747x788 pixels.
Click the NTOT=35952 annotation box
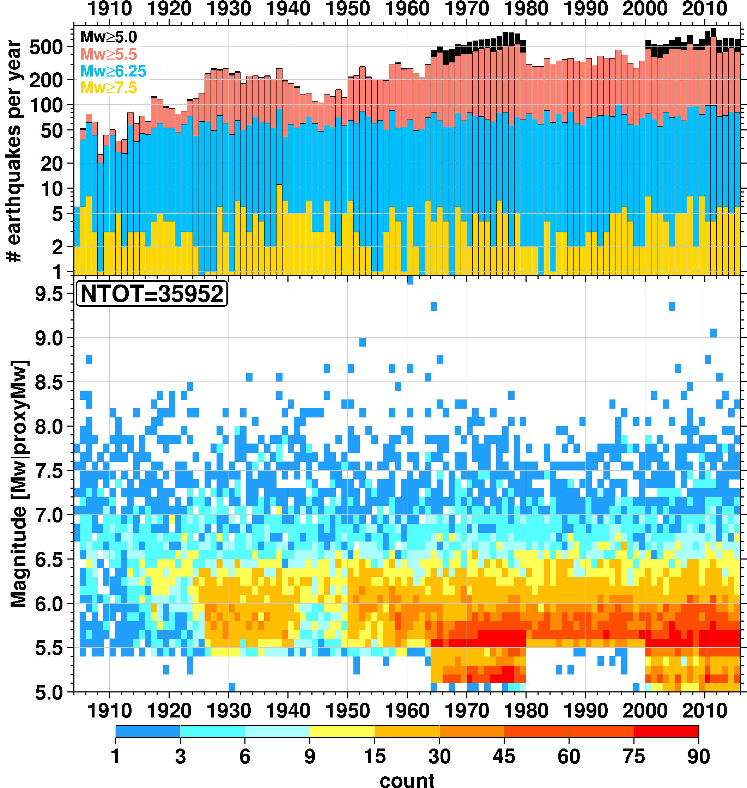(x=152, y=294)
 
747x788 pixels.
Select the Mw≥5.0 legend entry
(x=108, y=37)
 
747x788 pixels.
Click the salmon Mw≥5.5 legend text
(x=108, y=54)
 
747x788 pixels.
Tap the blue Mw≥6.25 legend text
(x=113, y=71)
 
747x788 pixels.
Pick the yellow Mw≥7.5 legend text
(x=108, y=87)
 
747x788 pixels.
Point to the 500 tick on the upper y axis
(x=51, y=48)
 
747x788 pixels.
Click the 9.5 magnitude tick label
(x=49, y=295)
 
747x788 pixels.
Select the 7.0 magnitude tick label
(x=49, y=517)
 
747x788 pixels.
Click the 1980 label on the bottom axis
(x=526, y=710)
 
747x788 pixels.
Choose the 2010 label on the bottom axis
(x=705, y=710)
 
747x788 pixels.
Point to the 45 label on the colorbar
(x=504, y=757)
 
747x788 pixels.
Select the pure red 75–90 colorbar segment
(x=666, y=731)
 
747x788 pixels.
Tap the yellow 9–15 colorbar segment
(x=342, y=731)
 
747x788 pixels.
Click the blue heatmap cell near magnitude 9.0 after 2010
(x=713, y=333)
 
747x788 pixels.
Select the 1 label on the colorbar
(x=115, y=757)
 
